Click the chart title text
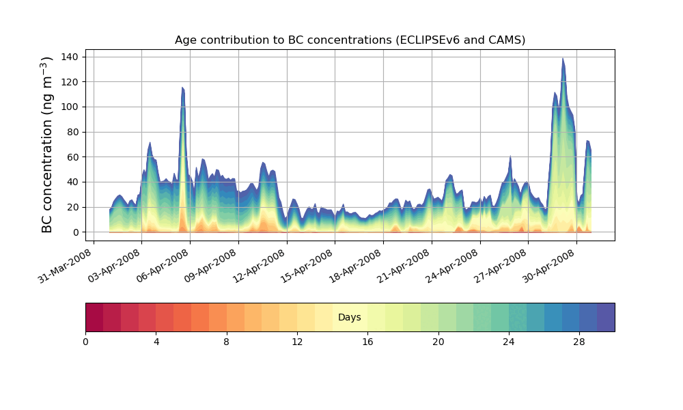pyautogui.click(x=350, y=40)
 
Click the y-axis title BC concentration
pyautogui.click(x=47, y=145)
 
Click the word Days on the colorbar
pyautogui.click(x=350, y=318)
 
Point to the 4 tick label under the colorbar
pyautogui.click(x=156, y=341)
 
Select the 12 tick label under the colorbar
pyautogui.click(x=297, y=341)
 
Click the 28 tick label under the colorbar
pyautogui.click(x=579, y=341)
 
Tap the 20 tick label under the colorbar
pyautogui.click(x=438, y=341)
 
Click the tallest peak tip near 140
pyautogui.click(x=563, y=59)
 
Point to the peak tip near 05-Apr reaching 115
pyautogui.click(x=182, y=87)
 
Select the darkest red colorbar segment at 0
pyautogui.click(x=94, y=317)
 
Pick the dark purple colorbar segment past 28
pyautogui.click(x=606, y=317)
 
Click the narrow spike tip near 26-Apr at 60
pyautogui.click(x=510, y=156)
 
